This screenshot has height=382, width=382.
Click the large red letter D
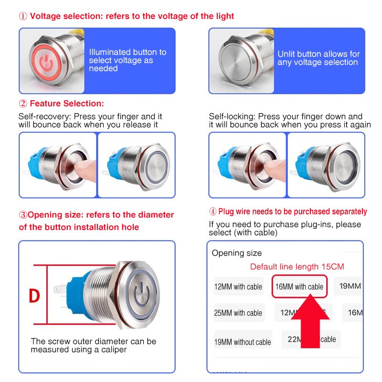tap(34, 296)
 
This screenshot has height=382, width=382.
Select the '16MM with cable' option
tap(299, 286)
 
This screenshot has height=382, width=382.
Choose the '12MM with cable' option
tap(238, 287)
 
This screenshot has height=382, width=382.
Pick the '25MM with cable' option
tap(238, 313)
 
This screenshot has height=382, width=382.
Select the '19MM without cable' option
tap(243, 342)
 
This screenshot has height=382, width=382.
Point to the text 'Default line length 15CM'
tap(297, 266)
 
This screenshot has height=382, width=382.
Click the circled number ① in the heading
tap(23, 16)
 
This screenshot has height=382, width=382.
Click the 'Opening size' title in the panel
tap(237, 253)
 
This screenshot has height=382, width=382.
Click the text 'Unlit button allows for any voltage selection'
tap(318, 58)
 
